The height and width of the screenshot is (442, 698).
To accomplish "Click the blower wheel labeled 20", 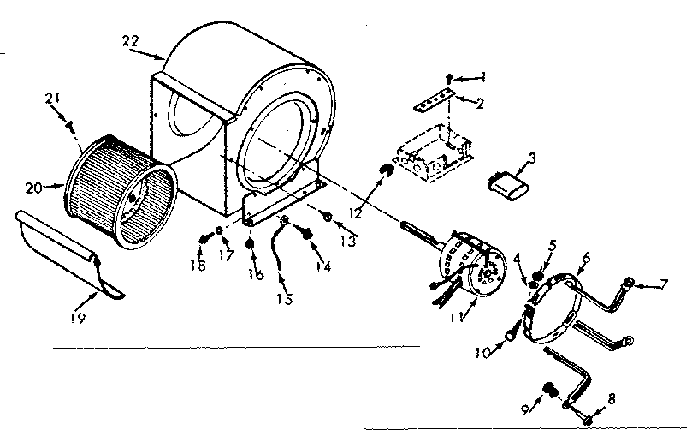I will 121,186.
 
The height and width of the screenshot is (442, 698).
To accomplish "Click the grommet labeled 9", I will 548,392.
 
